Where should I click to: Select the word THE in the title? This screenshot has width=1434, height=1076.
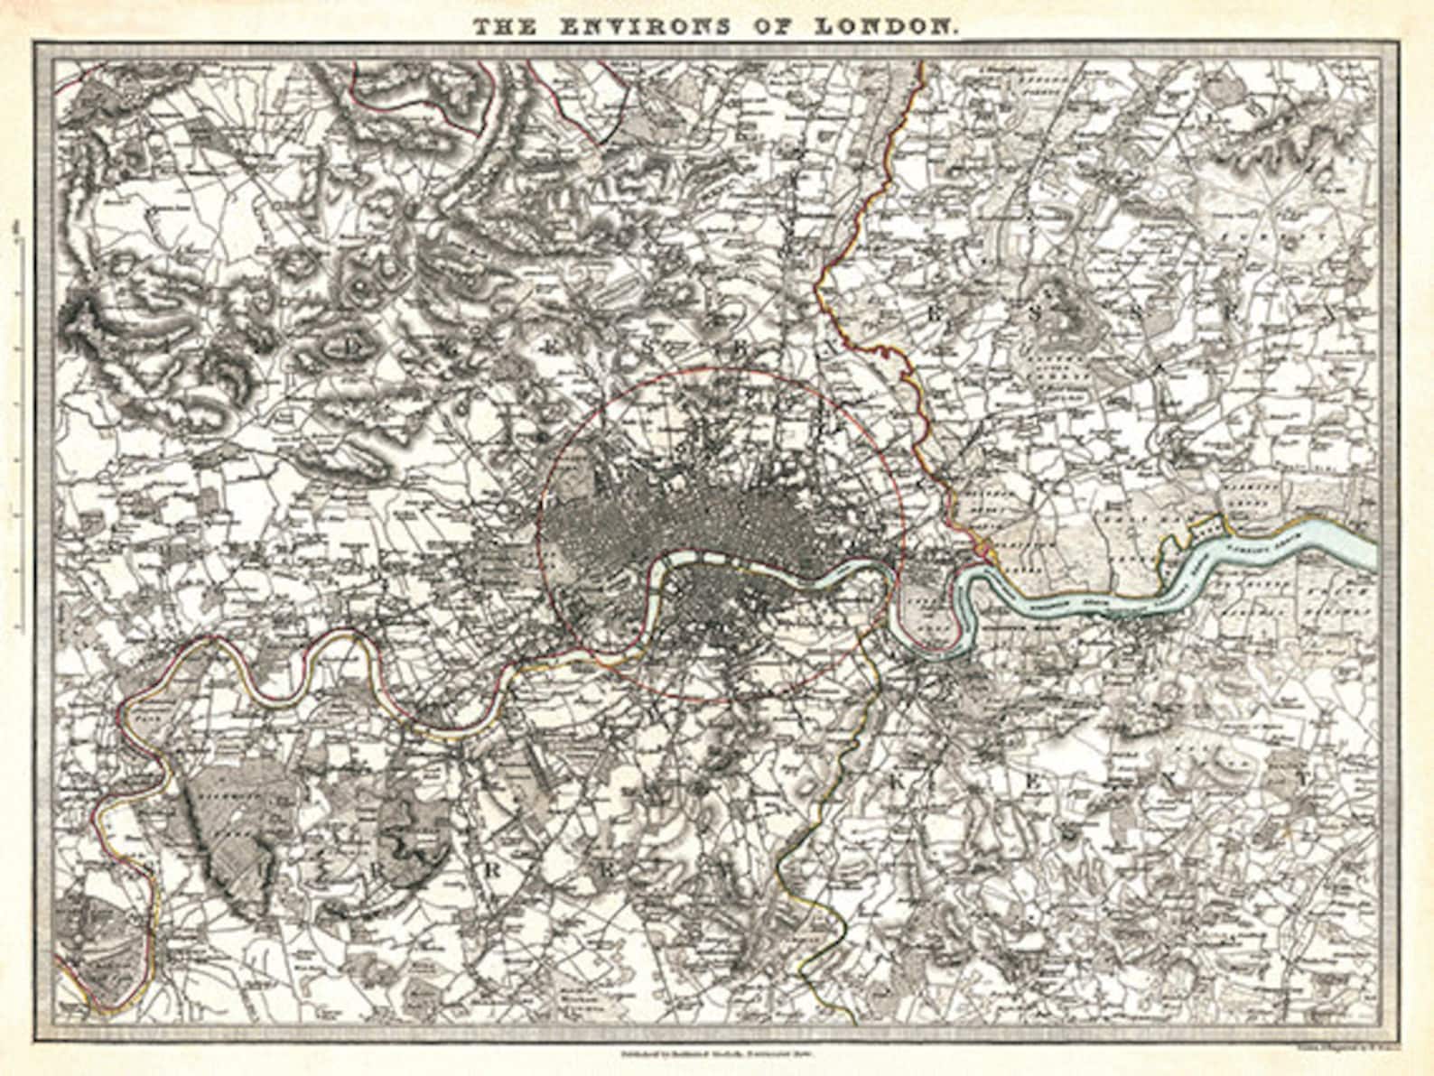point(506,27)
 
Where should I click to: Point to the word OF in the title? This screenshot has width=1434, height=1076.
point(782,27)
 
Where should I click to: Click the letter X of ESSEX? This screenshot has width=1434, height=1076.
point(1327,314)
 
